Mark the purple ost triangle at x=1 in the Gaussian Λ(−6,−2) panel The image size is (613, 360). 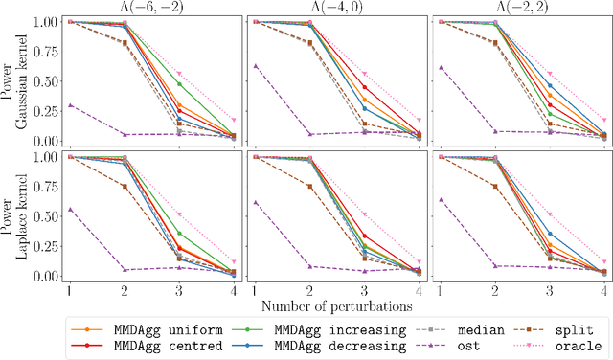68,105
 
